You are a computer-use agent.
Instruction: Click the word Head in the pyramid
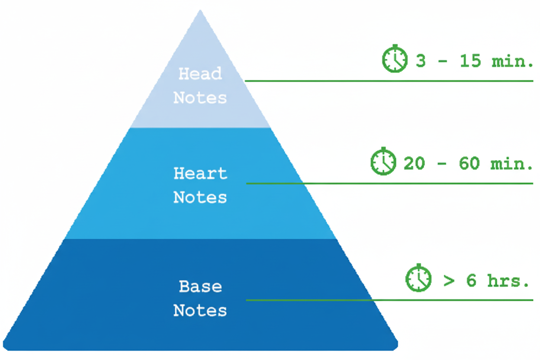(x=200, y=73)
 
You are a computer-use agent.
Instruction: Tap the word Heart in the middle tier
(x=200, y=173)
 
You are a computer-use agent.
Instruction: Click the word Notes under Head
(x=200, y=98)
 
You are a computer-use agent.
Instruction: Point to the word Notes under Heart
(x=200, y=197)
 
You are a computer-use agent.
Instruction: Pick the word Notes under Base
(x=200, y=310)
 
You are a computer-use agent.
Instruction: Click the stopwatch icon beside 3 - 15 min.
(x=395, y=58)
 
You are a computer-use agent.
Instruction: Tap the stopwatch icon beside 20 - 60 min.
(x=383, y=161)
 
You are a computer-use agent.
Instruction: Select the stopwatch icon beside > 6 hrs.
(x=418, y=278)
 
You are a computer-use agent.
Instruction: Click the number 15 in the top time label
(x=470, y=61)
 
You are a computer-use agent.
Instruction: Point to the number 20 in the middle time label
(x=414, y=163)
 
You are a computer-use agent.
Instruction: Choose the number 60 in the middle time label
(x=469, y=163)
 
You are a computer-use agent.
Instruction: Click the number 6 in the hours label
(x=471, y=280)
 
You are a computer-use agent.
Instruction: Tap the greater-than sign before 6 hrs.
(x=449, y=281)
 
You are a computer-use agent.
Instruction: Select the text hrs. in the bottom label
(x=508, y=280)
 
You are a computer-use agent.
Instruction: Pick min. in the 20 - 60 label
(x=511, y=164)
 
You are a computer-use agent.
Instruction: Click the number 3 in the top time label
(x=421, y=61)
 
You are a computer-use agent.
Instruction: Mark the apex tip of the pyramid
(x=200, y=10)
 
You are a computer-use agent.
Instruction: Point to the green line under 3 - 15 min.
(x=389, y=81)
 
